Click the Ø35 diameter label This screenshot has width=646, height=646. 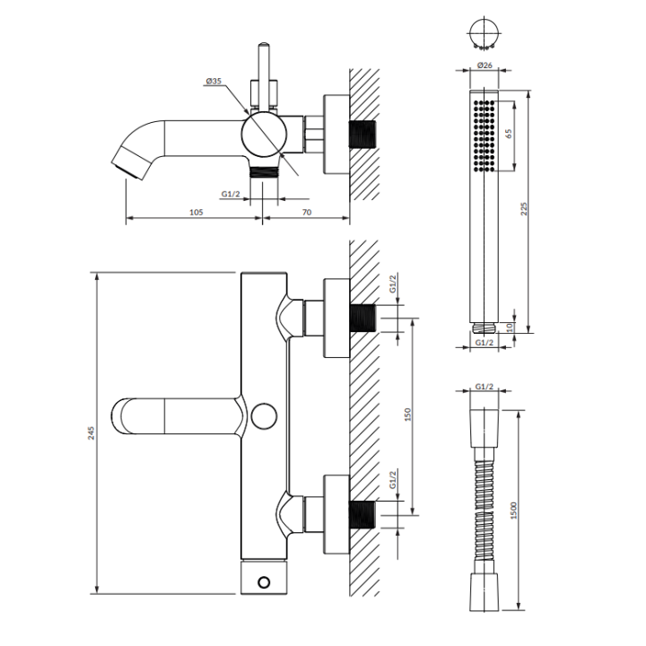pyautogui.click(x=214, y=81)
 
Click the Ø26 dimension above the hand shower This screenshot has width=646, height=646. pyautogui.click(x=484, y=65)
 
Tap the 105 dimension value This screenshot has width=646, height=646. pyautogui.click(x=196, y=212)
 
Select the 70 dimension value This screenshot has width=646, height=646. pyautogui.click(x=307, y=212)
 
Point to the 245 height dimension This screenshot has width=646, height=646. pyautogui.click(x=91, y=433)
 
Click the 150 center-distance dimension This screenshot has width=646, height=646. pyautogui.click(x=408, y=414)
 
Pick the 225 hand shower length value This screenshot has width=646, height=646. pyautogui.click(x=524, y=208)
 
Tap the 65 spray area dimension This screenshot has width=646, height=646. pyautogui.click(x=509, y=134)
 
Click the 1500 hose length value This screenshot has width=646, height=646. pyautogui.click(x=513, y=510)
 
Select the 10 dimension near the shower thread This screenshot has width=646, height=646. pyautogui.click(x=510, y=327)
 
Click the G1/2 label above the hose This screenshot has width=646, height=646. pyautogui.click(x=484, y=387)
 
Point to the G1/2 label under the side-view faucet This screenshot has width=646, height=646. pyautogui.click(x=231, y=194)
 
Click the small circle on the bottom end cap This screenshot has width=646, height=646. pyautogui.click(x=264, y=582)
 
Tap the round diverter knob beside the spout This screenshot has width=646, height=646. pyautogui.click(x=264, y=416)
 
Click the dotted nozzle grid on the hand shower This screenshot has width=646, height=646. pyautogui.click(x=484, y=135)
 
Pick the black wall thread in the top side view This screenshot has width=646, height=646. pyautogui.click(x=363, y=135)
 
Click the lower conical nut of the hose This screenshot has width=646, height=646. pyautogui.click(x=484, y=590)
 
